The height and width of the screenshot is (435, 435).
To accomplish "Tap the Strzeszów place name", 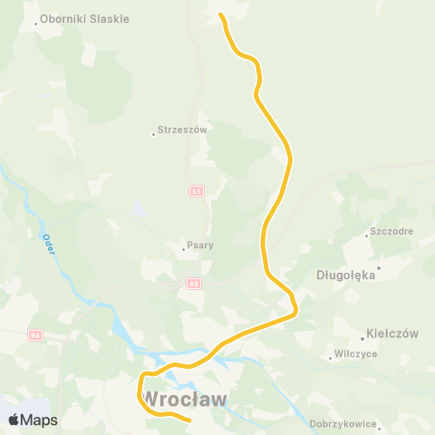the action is click(x=183, y=130).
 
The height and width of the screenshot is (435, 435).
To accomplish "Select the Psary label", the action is click(x=199, y=245).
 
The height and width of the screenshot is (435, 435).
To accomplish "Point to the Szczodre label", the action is click(x=391, y=231).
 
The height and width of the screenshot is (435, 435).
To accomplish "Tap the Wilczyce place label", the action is click(x=355, y=354).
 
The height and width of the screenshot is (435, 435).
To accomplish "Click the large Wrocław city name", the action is click(x=185, y=399).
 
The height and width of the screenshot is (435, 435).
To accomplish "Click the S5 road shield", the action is click(x=196, y=190).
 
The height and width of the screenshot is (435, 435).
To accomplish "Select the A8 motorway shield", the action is click(x=194, y=283).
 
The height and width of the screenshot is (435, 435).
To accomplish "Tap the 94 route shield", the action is click(x=34, y=335).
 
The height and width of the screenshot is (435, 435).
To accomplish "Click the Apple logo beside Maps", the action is click(x=14, y=420).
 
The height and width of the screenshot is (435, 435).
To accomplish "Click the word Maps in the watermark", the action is click(x=39, y=420).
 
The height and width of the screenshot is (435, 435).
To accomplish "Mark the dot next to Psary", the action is click(x=183, y=248).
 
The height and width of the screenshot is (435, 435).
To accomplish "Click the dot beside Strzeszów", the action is click(x=153, y=135).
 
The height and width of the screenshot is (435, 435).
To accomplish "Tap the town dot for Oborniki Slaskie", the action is click(x=36, y=24).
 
